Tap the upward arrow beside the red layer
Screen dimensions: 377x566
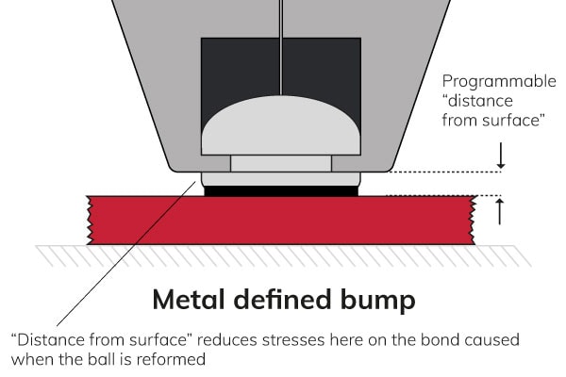click(x=501, y=212)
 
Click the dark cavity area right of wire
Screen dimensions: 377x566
click(x=325, y=66)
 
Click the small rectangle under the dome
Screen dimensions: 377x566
click(x=281, y=164)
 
